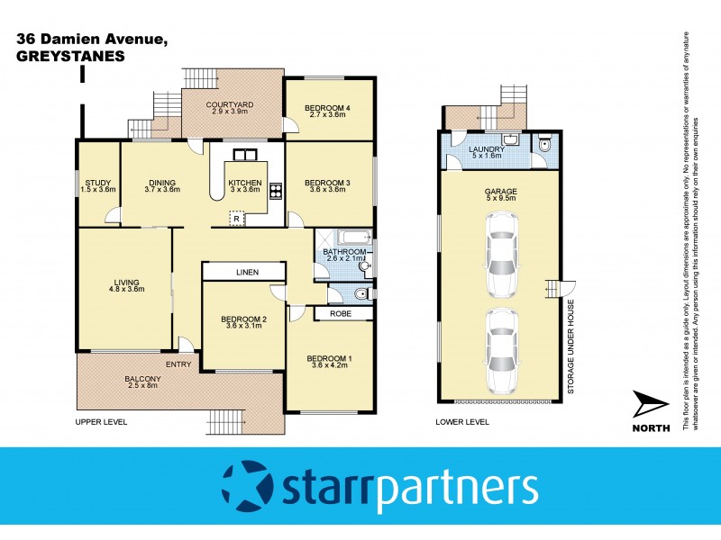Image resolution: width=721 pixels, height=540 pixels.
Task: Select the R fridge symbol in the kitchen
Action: (236, 219)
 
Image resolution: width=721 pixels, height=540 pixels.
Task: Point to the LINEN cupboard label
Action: (243, 272)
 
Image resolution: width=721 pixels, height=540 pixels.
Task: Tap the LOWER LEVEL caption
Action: (461, 421)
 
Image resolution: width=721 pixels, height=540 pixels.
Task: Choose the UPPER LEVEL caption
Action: (101, 421)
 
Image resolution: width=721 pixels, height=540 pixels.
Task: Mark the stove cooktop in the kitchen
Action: (276, 190)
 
